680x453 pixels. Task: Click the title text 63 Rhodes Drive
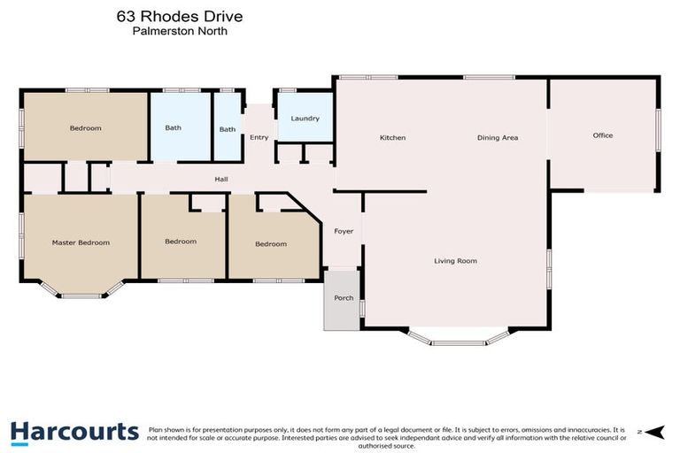point(180,16)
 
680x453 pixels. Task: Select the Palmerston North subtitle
point(180,30)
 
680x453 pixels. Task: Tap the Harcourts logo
point(74,432)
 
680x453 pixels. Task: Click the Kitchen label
point(392,137)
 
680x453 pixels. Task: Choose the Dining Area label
point(497,137)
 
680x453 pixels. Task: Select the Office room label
point(602,135)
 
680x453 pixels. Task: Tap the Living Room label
point(455,260)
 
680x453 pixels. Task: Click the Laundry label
point(305,119)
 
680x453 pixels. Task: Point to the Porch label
point(344,297)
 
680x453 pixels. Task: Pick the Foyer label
point(344,231)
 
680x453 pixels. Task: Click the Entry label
point(259,137)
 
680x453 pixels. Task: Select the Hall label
point(221,180)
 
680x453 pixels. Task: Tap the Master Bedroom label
point(81,242)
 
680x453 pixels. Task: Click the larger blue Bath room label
point(173,128)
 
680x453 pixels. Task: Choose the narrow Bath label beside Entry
point(228,129)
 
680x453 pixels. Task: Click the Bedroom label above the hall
point(85,128)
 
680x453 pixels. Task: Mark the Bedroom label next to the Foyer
point(271,243)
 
